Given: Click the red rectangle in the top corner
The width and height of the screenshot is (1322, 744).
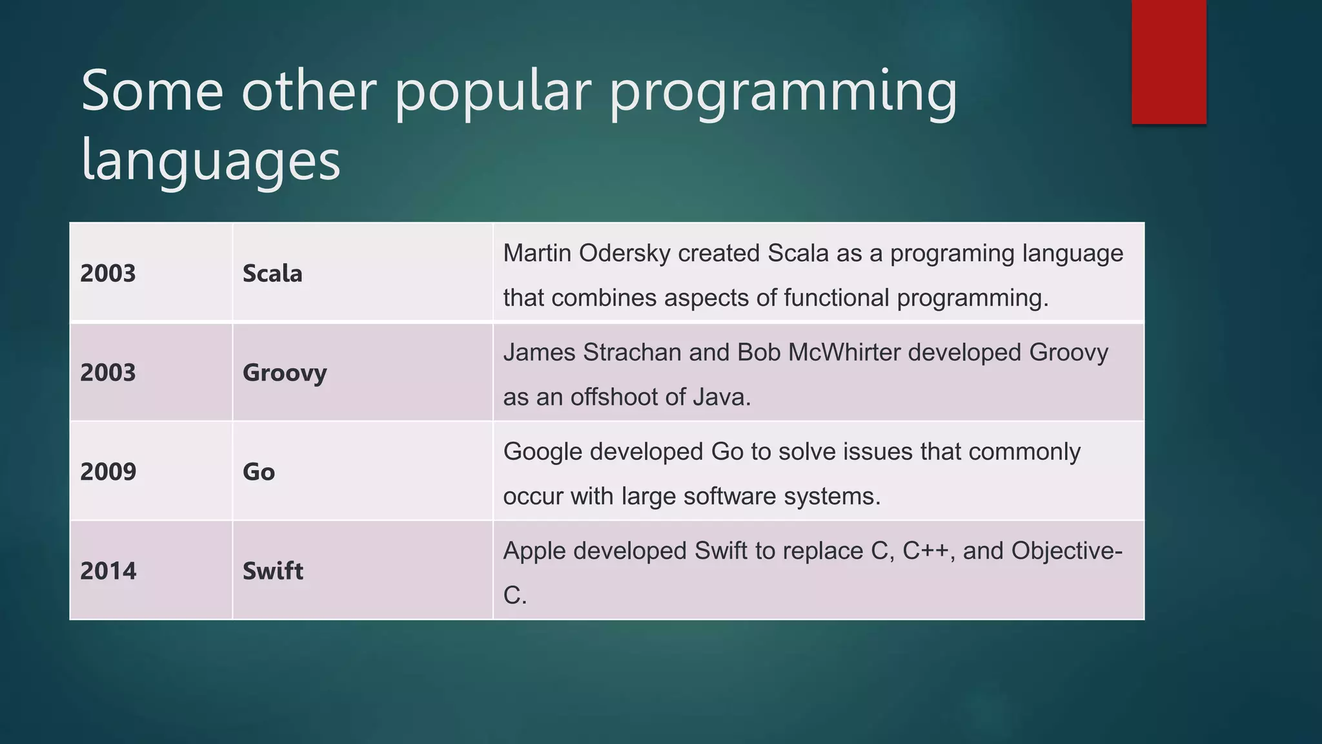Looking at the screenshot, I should tap(1168, 62).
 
